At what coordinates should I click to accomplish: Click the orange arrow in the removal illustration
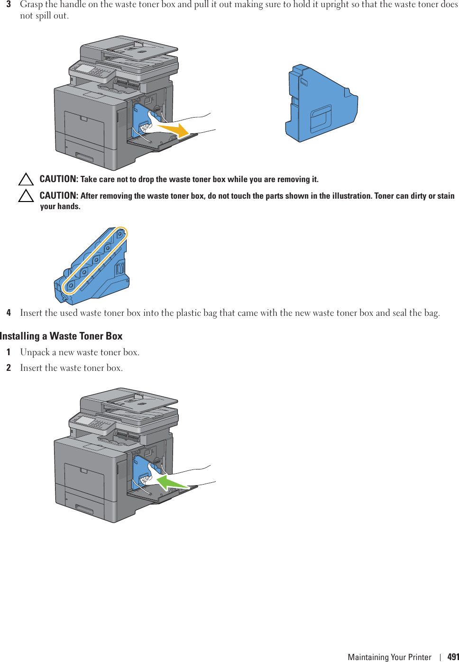click(174, 129)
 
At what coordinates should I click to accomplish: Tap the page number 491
click(453, 657)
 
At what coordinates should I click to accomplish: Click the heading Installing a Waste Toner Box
click(61, 336)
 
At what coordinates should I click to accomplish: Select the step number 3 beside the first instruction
click(9, 5)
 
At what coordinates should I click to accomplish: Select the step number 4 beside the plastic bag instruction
click(9, 313)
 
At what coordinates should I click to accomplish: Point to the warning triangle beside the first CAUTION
click(26, 179)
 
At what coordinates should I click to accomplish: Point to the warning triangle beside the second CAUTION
click(26, 196)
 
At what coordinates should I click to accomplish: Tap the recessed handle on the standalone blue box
click(321, 119)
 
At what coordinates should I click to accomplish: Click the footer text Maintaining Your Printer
click(389, 657)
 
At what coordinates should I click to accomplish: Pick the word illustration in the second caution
click(345, 196)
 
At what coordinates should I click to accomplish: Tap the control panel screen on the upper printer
click(85, 69)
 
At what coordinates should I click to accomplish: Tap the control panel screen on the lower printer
click(85, 421)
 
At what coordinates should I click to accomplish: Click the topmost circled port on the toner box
click(120, 234)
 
